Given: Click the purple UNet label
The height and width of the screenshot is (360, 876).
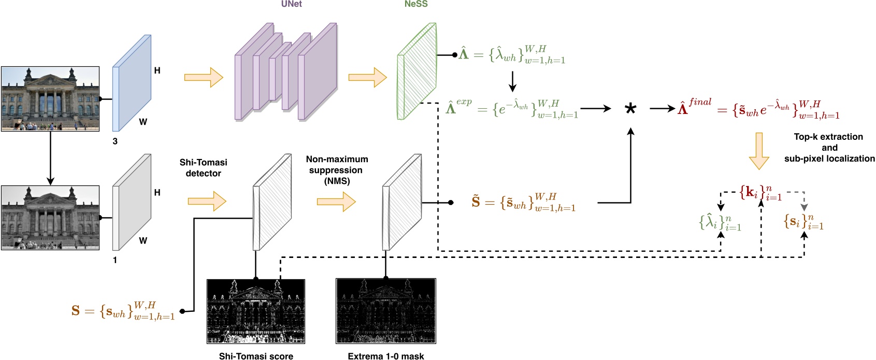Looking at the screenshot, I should pos(291,4).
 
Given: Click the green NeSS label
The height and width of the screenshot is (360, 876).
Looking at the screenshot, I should pos(416,4).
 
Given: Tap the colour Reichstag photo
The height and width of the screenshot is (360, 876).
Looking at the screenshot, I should pos(50,98).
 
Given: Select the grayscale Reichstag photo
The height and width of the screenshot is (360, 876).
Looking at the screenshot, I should pos(50,218).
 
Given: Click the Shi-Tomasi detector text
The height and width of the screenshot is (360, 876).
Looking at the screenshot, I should pos(203,168).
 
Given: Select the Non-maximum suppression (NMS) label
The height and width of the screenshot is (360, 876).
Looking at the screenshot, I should pos(337,170).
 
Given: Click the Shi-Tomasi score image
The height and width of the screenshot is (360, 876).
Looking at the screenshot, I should pos(256,311).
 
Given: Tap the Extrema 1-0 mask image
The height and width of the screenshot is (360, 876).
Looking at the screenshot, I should pos(386,311).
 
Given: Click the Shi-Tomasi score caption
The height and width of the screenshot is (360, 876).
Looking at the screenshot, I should pos(256,356).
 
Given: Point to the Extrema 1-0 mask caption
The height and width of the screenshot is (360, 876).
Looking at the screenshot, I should pos(386,356).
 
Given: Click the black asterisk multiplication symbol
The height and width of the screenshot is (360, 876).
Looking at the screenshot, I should pos(630,110).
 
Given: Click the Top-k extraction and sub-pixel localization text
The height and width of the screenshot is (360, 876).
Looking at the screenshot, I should pos(829,148).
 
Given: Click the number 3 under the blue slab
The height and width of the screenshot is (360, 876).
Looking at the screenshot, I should pos(115,141).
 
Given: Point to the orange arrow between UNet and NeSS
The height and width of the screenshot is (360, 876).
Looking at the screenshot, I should pos(367,77).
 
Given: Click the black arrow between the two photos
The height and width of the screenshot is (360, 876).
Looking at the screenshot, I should pos(50,158).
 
